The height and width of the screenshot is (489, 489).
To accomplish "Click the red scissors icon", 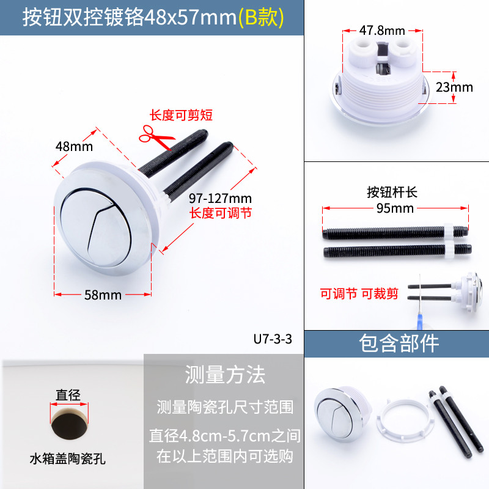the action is tap(156, 136).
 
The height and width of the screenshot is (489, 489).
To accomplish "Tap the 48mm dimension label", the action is tap(74, 146).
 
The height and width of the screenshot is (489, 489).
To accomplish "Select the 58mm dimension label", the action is tap(103, 295).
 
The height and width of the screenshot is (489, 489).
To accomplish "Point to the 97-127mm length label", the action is tap(220, 198).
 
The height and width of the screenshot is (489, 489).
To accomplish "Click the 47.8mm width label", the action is tap(382, 31).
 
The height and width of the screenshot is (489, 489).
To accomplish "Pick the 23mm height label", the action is tap(454, 87).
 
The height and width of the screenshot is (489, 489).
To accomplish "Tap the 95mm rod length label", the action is tap(395, 208).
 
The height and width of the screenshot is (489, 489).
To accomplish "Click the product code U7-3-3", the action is tap(273, 339).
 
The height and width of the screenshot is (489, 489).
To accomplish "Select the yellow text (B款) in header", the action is tap(262, 18).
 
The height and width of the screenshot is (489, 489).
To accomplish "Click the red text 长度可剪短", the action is tap(181, 115).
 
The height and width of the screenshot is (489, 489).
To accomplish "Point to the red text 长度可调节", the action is tap(221, 213).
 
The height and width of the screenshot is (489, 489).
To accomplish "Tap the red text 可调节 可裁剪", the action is tap(359, 293).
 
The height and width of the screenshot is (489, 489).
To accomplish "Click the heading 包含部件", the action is tap(399, 344).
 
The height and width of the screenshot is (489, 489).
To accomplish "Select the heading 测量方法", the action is tap(225, 375).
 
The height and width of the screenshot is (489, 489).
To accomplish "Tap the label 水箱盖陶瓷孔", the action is tap(68, 459).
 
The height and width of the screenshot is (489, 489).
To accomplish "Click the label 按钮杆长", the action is tap(392, 192).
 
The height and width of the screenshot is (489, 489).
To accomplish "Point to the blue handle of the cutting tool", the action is tap(420, 322).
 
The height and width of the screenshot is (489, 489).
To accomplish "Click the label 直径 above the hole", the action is tap(68, 395).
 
